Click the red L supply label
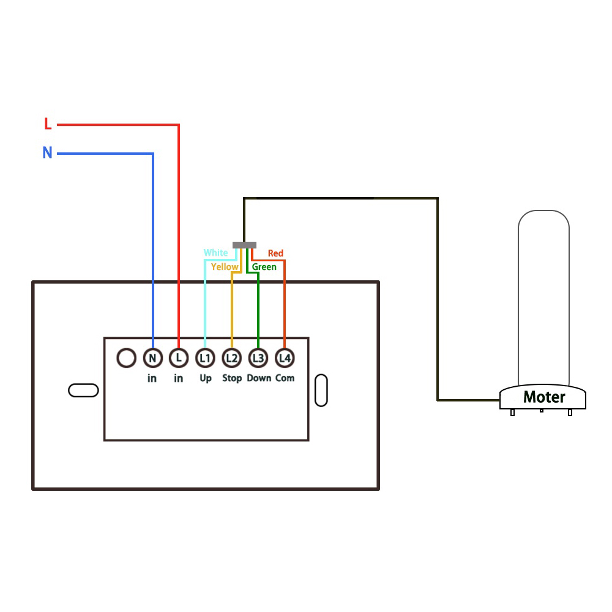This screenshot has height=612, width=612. pyautogui.click(x=48, y=124)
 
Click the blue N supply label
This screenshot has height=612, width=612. pyautogui.click(x=47, y=152)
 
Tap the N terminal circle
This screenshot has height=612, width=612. pyautogui.click(x=152, y=358)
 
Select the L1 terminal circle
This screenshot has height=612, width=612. pyautogui.click(x=205, y=358)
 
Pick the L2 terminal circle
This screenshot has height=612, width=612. pyautogui.click(x=232, y=358)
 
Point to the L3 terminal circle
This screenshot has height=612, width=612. pyautogui.click(x=258, y=358)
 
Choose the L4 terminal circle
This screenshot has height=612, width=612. pyautogui.click(x=285, y=358)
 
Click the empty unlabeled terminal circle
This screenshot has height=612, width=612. pyautogui.click(x=127, y=358)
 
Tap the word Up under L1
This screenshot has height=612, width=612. pyautogui.click(x=206, y=378)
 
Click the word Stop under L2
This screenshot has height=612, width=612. pyautogui.click(x=232, y=378)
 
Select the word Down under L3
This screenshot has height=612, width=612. pyautogui.click(x=259, y=378)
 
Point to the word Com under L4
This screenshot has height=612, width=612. pyautogui.click(x=285, y=378)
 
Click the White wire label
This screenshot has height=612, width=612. pyautogui.click(x=216, y=253)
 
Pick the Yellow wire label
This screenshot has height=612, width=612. pyautogui.click(x=225, y=267)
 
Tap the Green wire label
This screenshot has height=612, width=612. pyautogui.click(x=264, y=267)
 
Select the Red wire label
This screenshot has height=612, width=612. pyautogui.click(x=275, y=253)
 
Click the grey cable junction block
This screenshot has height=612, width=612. pyautogui.click(x=244, y=245)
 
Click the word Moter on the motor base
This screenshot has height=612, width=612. pyautogui.click(x=544, y=397)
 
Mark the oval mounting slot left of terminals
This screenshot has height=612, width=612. pyautogui.click(x=83, y=390)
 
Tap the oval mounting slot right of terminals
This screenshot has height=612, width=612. pyautogui.click(x=321, y=390)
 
